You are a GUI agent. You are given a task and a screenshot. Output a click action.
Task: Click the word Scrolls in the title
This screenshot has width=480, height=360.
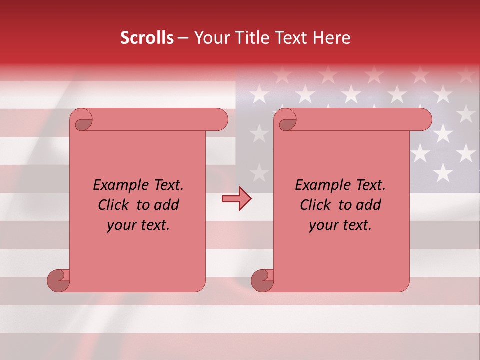click(x=147, y=38)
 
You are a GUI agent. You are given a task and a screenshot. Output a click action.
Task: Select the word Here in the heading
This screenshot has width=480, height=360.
click(x=331, y=38)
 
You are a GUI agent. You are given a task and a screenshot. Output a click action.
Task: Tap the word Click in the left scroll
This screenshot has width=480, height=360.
click(x=114, y=205)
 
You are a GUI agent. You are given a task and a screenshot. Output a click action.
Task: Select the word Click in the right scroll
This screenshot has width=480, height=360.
click(x=316, y=205)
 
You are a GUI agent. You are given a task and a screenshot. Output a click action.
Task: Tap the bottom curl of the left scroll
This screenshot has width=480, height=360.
click(x=59, y=281)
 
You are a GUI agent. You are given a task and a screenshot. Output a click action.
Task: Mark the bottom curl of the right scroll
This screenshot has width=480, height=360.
click(x=262, y=281)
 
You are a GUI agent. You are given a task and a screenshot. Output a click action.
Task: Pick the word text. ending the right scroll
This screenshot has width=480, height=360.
click(x=355, y=226)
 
